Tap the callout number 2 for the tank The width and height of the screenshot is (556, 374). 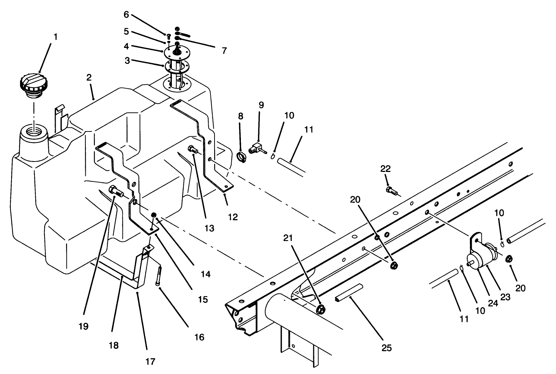coord(89,78)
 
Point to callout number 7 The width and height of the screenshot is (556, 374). coord(224,51)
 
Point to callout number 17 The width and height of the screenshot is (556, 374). coord(150,361)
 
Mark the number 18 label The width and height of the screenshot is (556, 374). coord(114,345)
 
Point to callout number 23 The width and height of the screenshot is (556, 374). coord(506,297)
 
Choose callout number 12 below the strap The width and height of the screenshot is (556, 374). coord(233,217)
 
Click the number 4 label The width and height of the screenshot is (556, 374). coord(127,47)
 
